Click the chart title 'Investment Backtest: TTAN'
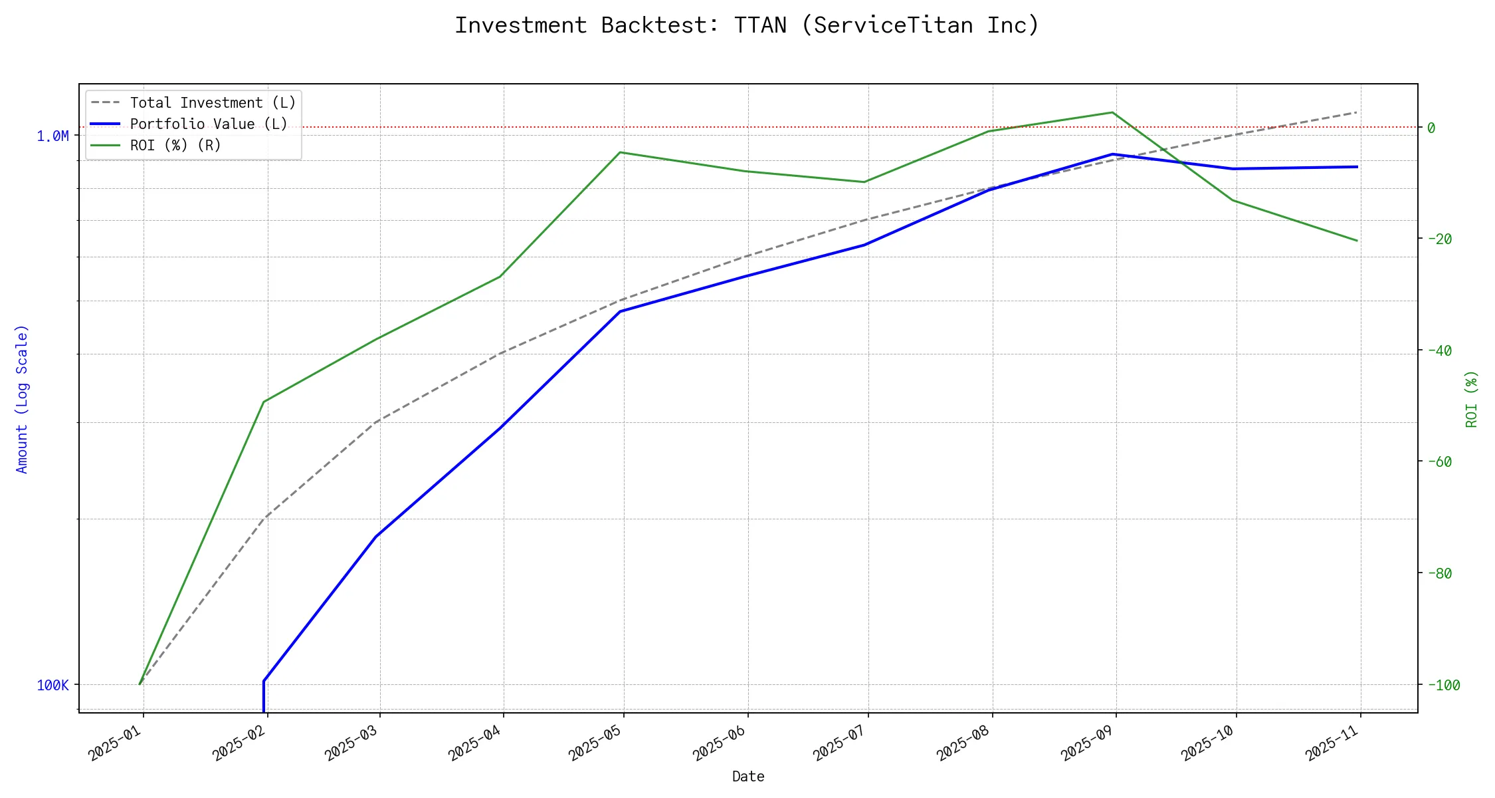point(747,25)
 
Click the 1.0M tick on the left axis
point(52,136)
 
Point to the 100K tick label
point(52,686)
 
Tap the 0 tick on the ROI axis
point(1431,128)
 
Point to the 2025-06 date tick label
point(720,743)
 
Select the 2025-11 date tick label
point(1332,743)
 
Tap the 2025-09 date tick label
point(1088,743)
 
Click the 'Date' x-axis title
point(748,777)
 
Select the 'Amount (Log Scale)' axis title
point(22,399)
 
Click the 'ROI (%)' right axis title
point(1472,399)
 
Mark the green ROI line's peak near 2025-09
point(1112,112)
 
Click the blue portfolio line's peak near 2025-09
point(1113,154)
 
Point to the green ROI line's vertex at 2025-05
point(620,152)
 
